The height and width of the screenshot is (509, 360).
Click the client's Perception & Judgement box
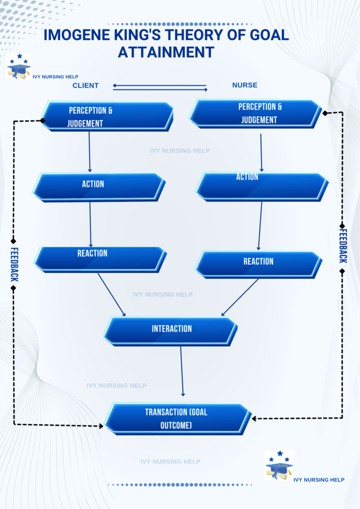click(x=106, y=116)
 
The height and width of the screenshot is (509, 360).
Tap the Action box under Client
click(x=98, y=187)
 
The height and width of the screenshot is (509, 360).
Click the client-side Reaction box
click(x=99, y=259)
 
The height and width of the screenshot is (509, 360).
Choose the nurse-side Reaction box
click(x=258, y=264)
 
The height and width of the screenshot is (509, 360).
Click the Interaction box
click(x=170, y=331)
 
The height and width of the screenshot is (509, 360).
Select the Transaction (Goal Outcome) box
click(x=177, y=419)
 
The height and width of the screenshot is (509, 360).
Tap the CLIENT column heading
click(x=86, y=85)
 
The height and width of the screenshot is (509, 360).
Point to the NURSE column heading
click(x=245, y=85)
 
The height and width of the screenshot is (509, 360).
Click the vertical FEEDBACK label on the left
click(x=14, y=264)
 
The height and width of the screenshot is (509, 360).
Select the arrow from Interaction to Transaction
click(x=182, y=371)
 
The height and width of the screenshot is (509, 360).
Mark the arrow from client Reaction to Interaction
click(x=111, y=294)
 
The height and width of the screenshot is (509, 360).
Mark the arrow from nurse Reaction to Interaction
click(x=240, y=297)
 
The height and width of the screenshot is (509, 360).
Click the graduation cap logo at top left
click(x=19, y=67)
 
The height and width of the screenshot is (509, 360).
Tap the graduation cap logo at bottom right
click(x=279, y=465)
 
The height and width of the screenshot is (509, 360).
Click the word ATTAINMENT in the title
click(x=166, y=52)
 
